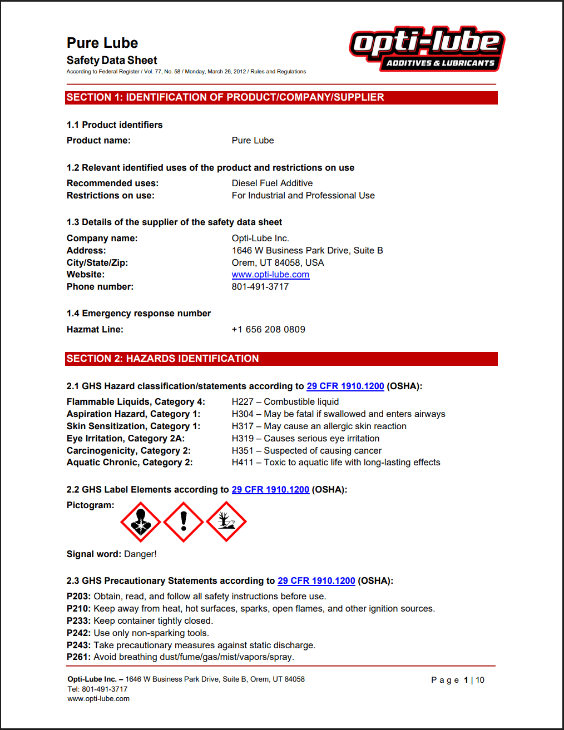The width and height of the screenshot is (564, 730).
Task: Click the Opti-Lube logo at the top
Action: (427, 49)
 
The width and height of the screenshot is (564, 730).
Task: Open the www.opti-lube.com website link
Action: (270, 275)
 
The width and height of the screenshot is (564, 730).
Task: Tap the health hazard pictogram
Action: (141, 522)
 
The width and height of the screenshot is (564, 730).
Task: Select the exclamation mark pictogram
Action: (184, 522)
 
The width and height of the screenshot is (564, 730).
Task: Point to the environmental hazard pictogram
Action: (226, 522)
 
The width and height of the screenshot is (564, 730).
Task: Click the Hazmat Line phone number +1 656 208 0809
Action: (268, 330)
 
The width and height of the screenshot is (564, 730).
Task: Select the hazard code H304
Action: (243, 414)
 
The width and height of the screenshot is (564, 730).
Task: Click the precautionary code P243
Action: (78, 645)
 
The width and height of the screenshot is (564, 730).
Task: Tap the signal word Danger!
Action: (140, 554)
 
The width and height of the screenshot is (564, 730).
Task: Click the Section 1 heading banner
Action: (281, 98)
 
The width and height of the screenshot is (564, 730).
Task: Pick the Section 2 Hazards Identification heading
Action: (281, 359)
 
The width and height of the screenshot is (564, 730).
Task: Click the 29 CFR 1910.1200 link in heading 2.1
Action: (345, 386)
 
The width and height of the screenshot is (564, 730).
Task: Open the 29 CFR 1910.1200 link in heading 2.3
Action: (316, 581)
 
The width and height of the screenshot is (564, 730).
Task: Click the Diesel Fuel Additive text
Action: (272, 183)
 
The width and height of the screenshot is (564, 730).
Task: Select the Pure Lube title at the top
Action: (102, 43)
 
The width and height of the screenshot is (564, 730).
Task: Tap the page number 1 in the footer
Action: (466, 680)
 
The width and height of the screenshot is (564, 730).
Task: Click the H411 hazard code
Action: (243, 463)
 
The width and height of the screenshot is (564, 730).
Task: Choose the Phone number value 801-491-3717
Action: (260, 287)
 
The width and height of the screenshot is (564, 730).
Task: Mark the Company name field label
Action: (102, 239)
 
